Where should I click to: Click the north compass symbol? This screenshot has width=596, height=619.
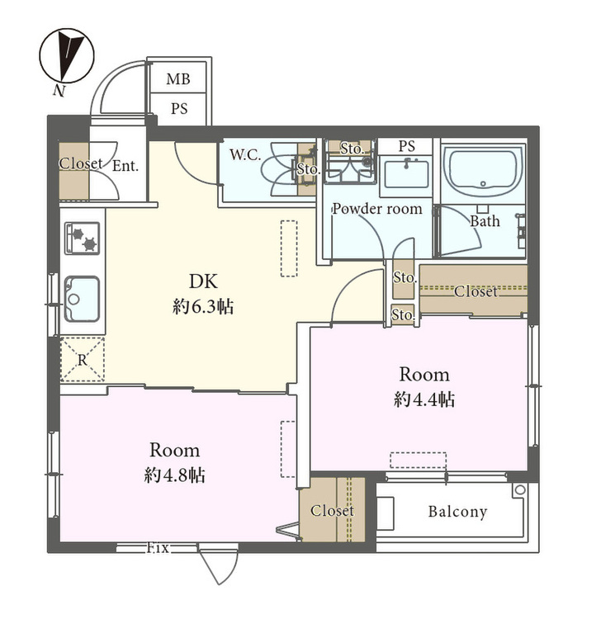pos(67,55)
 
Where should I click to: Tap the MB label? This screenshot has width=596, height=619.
pos(178,79)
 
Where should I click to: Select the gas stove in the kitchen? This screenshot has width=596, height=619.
pos(83,238)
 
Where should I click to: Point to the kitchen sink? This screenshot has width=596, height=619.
pos(82,299)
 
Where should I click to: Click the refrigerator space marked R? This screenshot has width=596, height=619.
pos(83,360)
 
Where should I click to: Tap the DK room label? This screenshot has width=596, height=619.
pos(203,282)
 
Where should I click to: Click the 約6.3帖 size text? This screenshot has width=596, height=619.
pos(203,307)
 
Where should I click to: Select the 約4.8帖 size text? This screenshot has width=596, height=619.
pos(174,475)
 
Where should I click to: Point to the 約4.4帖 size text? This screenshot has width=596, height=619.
pos(424,399)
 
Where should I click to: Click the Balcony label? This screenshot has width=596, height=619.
pos(458,512)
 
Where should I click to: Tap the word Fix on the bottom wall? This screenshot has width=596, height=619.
pos(158,548)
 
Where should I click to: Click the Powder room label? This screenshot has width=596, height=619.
pos(377,209)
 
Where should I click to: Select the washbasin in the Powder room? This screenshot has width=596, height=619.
pos(406,173)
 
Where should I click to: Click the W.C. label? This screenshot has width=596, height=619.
pos(245,155)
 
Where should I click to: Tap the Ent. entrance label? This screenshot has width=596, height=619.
pos(125,166)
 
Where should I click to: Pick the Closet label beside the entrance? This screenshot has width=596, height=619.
pos(81,163)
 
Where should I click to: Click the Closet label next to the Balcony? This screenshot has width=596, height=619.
pos(332,510)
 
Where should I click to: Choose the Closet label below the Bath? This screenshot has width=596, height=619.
pos(475,291)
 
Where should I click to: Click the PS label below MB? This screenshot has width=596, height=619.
pos(179,109)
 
